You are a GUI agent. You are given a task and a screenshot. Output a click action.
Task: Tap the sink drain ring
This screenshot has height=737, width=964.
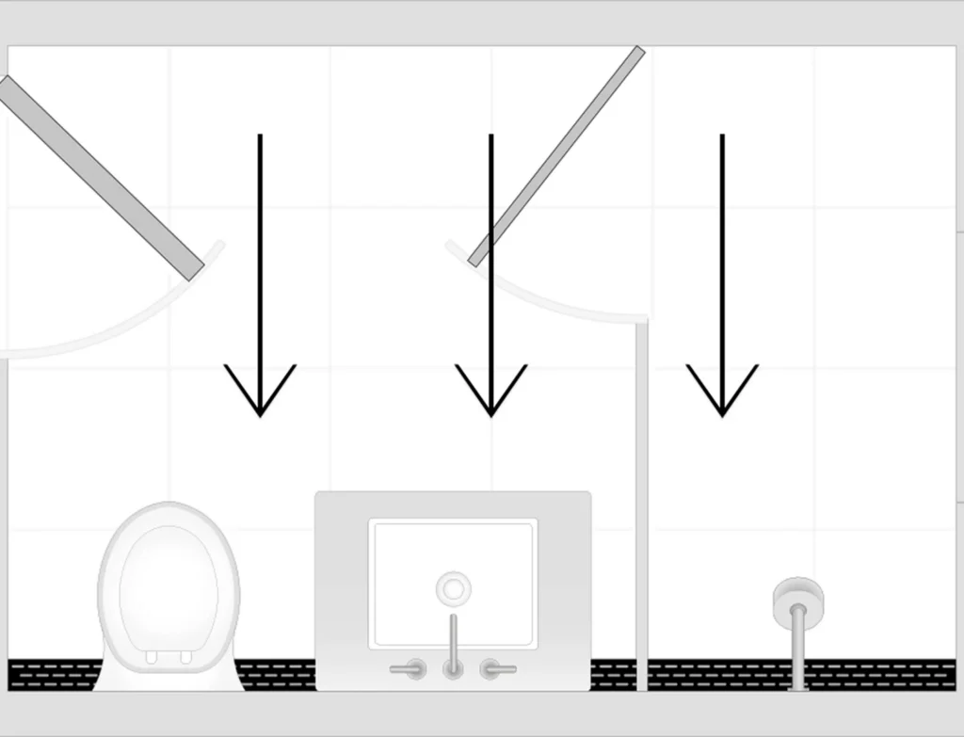[454, 589]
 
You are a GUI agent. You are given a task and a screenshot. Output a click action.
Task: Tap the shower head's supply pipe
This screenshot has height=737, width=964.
[799, 649]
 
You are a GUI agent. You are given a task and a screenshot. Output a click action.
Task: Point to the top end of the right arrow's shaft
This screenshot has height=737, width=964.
[722, 137]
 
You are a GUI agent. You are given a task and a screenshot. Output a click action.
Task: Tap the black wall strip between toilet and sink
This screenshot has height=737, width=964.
[278, 675]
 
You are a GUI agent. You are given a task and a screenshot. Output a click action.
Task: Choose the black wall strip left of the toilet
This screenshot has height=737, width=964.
[52, 675]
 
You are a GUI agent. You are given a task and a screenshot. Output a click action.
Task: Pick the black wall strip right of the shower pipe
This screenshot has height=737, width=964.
[880, 675]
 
